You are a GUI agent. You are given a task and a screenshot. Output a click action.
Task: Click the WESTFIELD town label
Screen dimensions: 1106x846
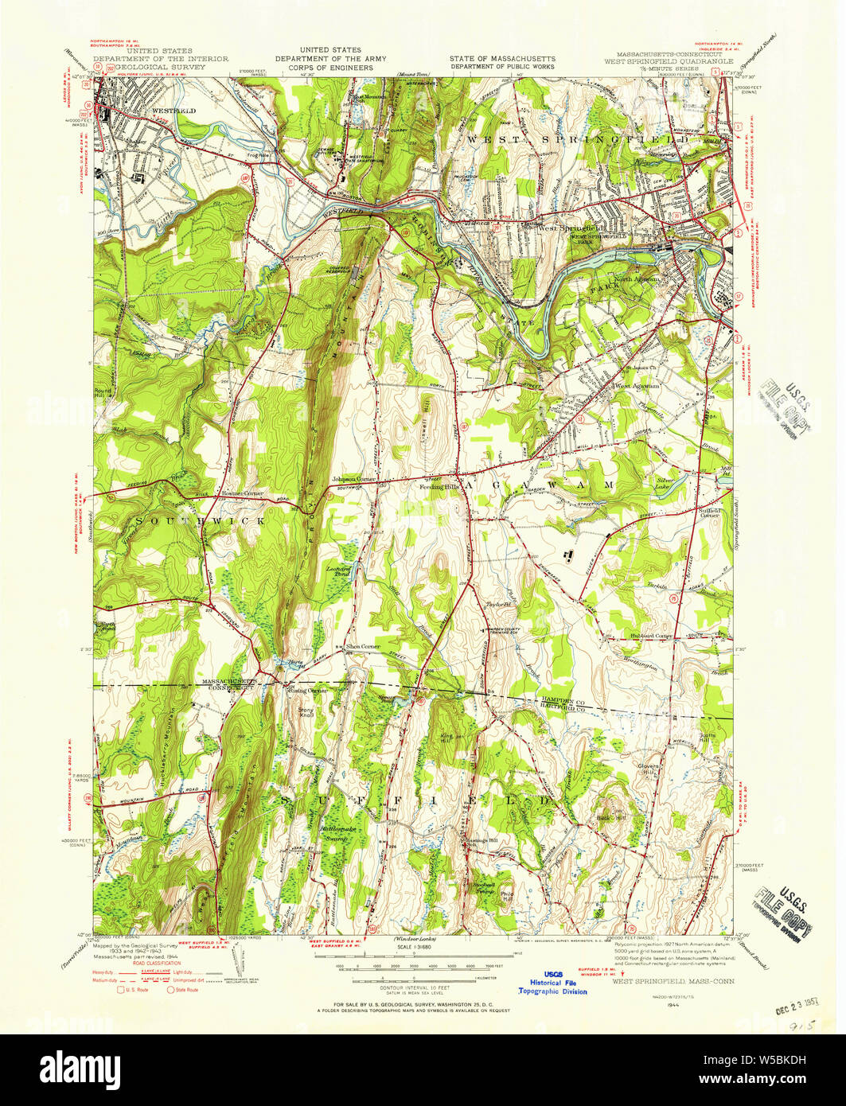tap(173, 111)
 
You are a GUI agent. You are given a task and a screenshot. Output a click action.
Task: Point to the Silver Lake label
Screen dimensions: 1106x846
tap(665, 482)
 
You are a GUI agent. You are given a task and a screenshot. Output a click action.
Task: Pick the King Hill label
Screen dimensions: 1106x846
tap(445, 738)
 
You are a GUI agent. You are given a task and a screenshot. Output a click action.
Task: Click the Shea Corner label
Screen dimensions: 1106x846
tap(362, 647)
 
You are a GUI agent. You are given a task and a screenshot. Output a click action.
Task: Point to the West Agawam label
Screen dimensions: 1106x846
tap(640, 386)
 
